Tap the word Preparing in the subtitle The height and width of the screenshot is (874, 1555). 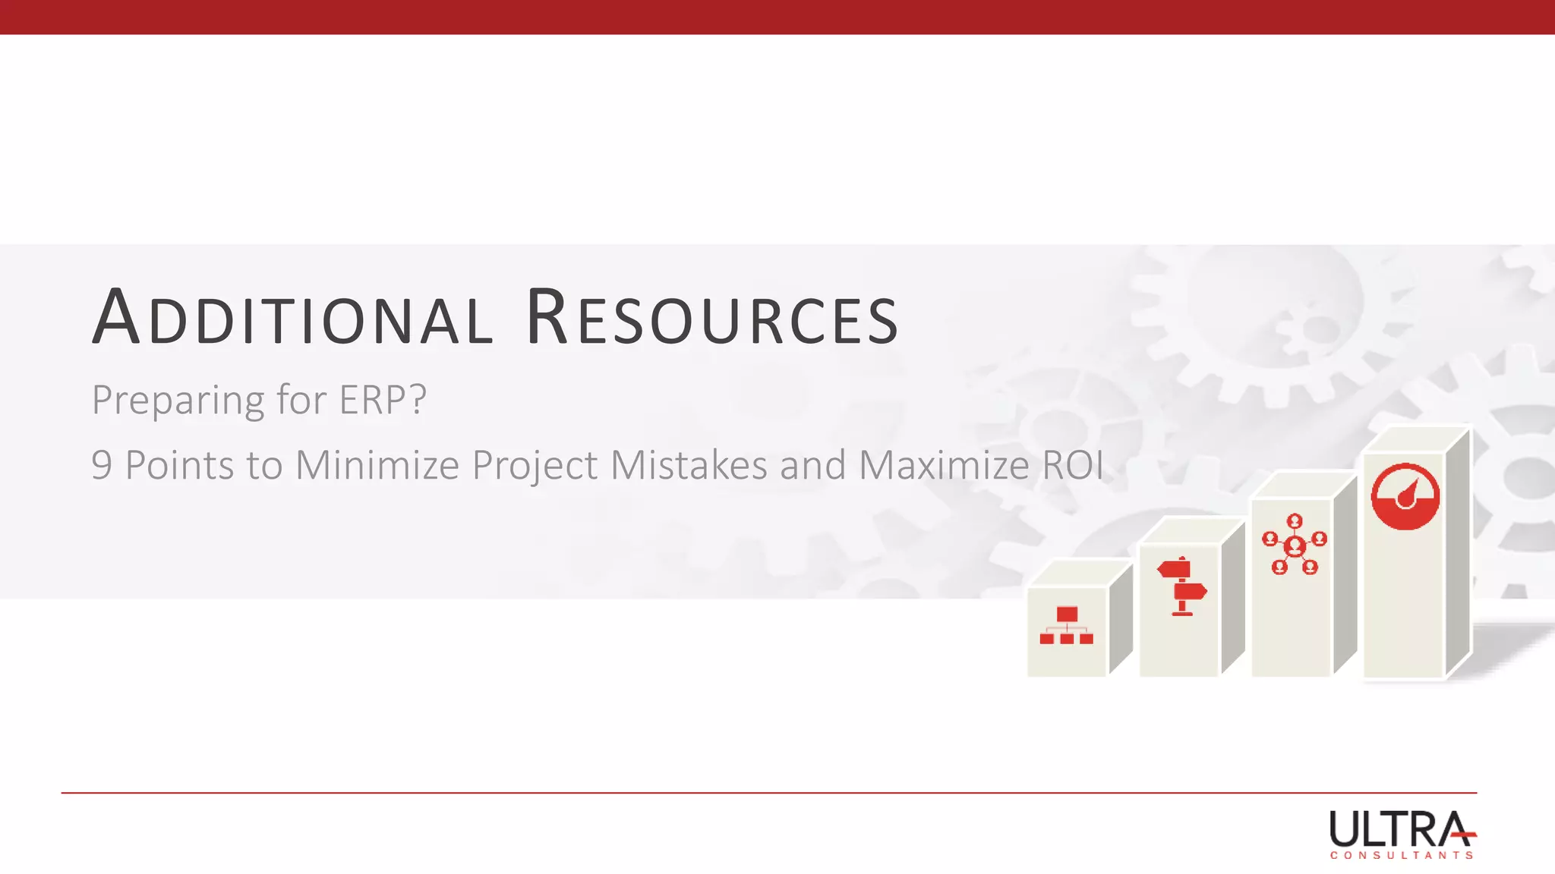178,401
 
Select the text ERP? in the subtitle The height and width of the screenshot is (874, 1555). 383,400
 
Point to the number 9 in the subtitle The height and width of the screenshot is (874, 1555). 101,465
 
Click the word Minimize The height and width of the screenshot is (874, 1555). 377,465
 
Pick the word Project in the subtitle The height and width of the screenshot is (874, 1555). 535,466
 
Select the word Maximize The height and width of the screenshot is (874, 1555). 943,465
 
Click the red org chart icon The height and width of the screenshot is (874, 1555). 1067,626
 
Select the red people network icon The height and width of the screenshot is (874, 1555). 1295,545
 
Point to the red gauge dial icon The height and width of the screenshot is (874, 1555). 1405,496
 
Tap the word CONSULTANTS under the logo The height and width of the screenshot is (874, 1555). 1402,856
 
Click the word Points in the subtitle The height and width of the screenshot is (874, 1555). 179,465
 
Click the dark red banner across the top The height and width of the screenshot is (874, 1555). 777,17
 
